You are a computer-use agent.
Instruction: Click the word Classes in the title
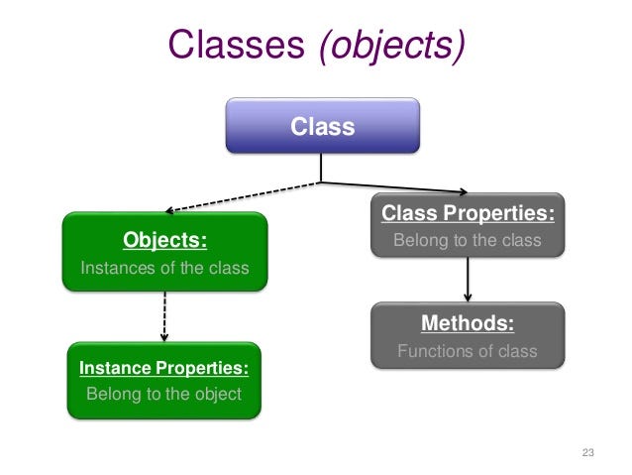[238, 45]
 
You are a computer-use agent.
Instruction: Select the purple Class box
[322, 127]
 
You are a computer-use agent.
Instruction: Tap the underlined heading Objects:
[164, 240]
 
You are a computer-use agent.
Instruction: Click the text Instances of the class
[164, 268]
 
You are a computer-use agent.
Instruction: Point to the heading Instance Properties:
[164, 369]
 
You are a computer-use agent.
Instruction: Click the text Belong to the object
[164, 394]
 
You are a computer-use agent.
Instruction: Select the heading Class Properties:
[468, 213]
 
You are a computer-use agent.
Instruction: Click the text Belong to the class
[468, 240]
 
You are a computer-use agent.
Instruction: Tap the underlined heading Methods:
[468, 323]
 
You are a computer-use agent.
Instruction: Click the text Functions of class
[468, 351]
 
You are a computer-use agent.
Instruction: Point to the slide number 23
[587, 453]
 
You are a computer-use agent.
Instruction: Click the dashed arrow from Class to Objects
[243, 196]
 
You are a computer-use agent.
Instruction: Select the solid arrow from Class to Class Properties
[396, 187]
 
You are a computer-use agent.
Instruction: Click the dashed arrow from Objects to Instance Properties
[164, 315]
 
